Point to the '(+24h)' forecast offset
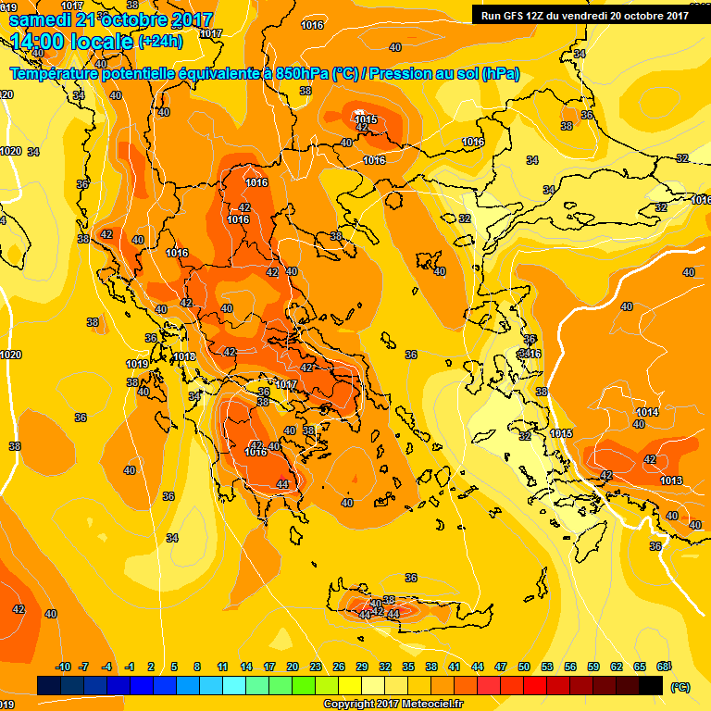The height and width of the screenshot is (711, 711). pos(160,42)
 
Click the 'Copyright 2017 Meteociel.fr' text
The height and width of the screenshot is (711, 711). pos(393,704)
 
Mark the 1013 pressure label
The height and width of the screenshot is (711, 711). pos(671,480)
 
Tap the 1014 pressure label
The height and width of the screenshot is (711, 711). pos(648,412)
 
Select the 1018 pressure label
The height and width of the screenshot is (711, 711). pos(184,356)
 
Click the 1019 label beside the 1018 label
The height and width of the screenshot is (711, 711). pos(137,364)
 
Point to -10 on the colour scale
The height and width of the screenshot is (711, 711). pos(63,667)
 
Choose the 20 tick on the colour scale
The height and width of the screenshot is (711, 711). pos(292,667)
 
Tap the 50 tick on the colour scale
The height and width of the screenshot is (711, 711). pos(524,667)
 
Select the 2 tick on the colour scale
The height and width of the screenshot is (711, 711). pos(152,667)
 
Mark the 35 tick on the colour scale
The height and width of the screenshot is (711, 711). pos(408,667)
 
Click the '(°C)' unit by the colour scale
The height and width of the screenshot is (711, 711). pos(680,687)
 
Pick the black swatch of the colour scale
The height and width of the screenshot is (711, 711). pos(651,685)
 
